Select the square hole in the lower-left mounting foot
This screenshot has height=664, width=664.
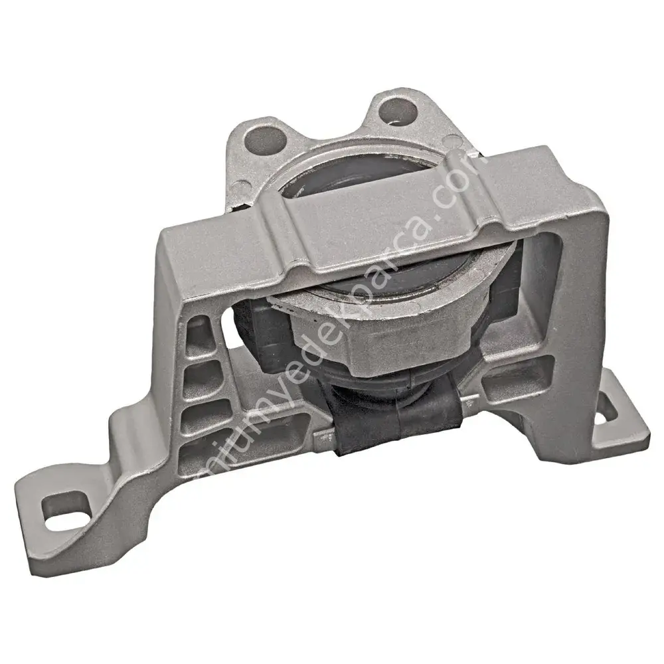click(65, 511)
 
